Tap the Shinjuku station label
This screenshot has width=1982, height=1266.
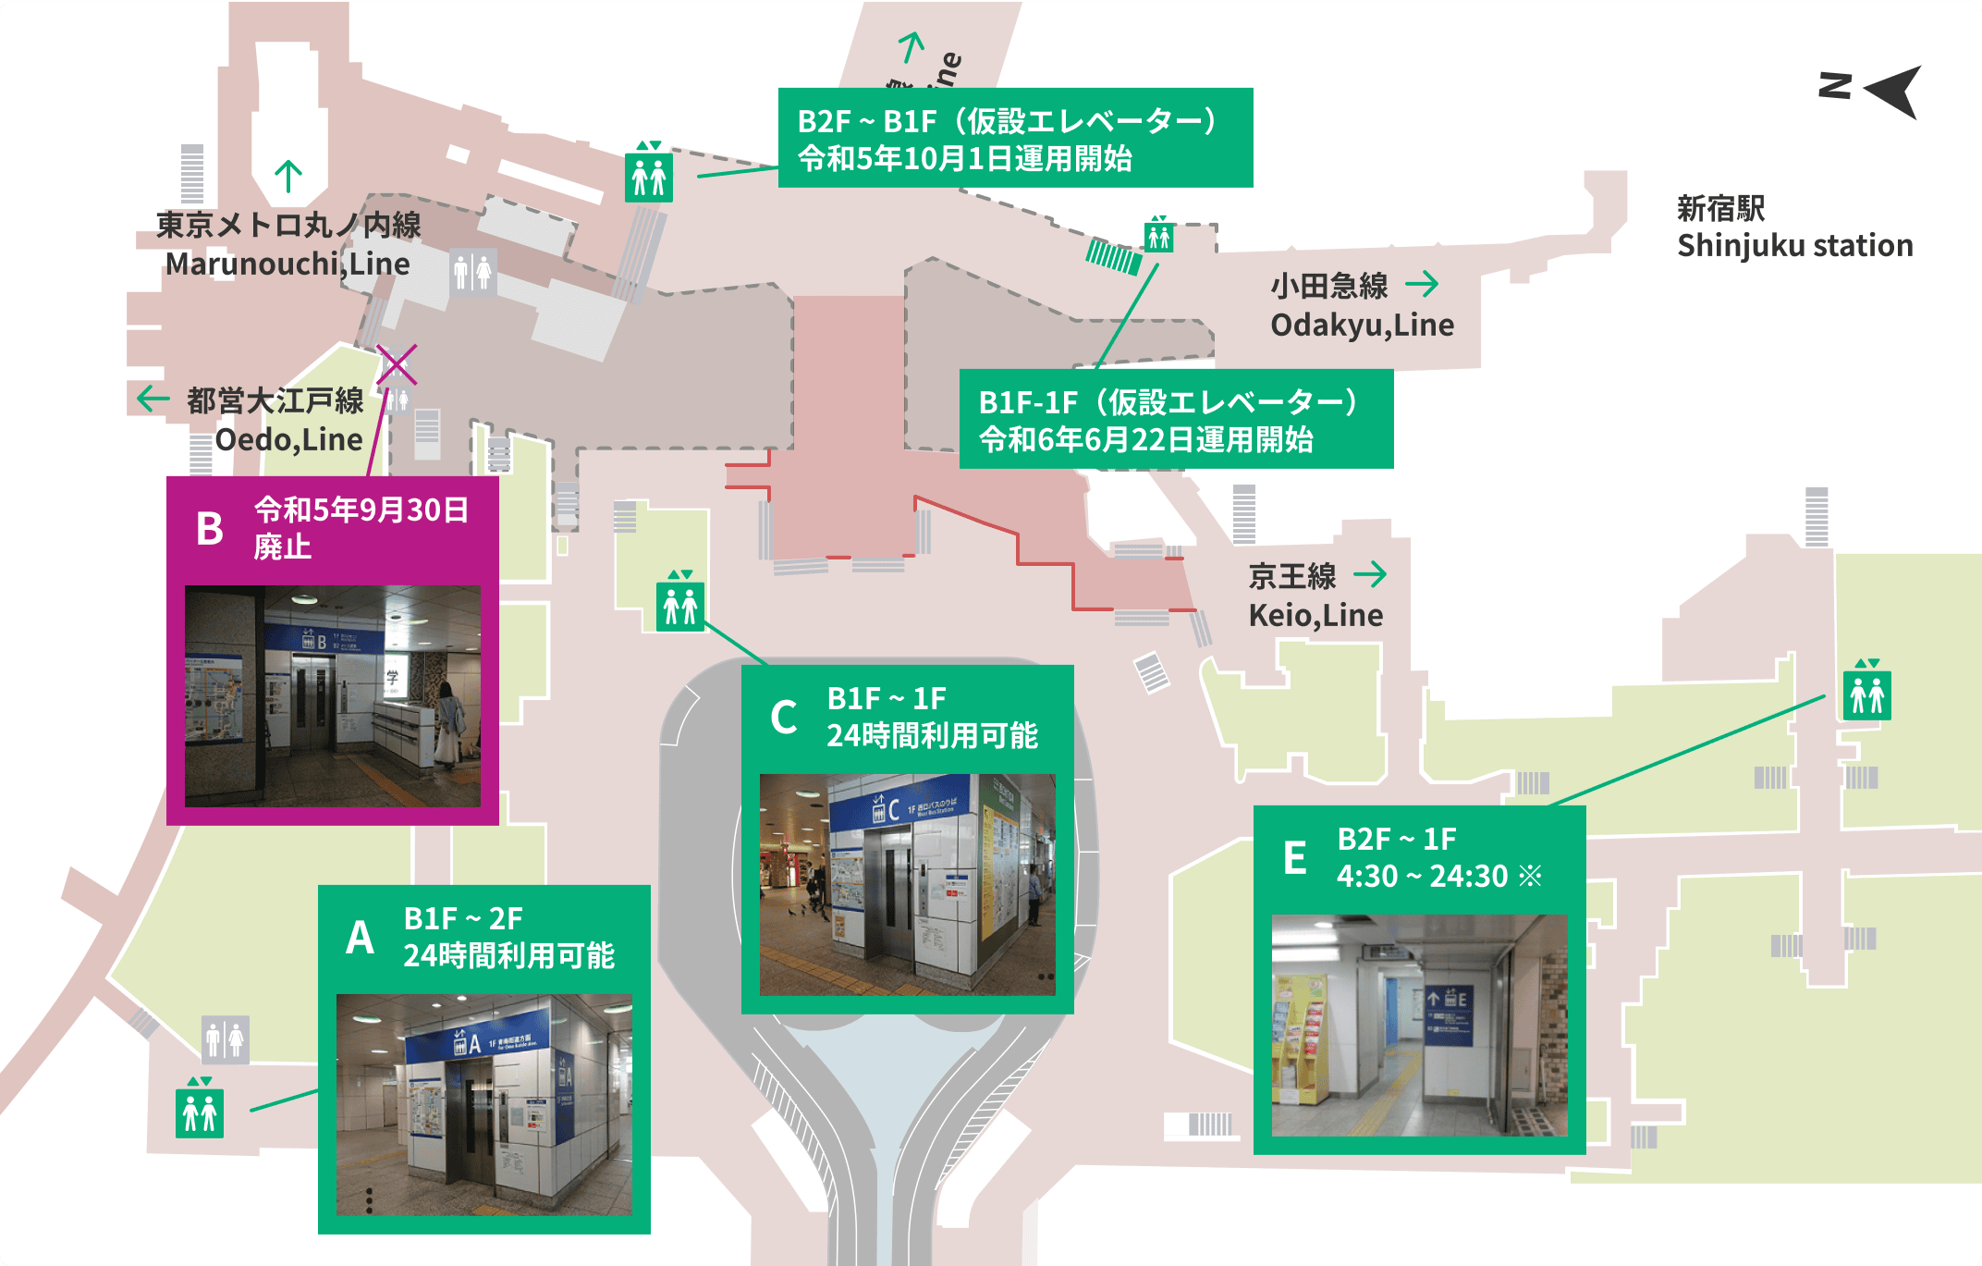pyautogui.click(x=1793, y=227)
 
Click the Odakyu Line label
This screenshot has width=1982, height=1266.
pyautogui.click(x=1361, y=306)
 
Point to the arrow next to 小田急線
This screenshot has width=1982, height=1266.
pyautogui.click(x=1422, y=284)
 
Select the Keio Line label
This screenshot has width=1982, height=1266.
pyautogui.click(x=1315, y=596)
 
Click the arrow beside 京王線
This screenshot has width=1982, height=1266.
pyautogui.click(x=1370, y=574)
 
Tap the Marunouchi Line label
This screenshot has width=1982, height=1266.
pyautogui.click(x=288, y=244)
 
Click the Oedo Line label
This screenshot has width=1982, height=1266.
pyautogui.click(x=275, y=420)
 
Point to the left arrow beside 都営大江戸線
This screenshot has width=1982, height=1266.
pyautogui.click(x=153, y=399)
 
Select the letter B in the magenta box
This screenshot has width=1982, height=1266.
pyautogui.click(x=210, y=529)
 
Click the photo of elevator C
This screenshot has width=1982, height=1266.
pyautogui.click(x=907, y=884)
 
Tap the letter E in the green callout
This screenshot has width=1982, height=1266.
pyautogui.click(x=1294, y=858)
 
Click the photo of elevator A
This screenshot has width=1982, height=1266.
pyautogui.click(x=483, y=1104)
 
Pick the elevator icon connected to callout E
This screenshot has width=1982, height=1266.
pyautogui.click(x=1866, y=693)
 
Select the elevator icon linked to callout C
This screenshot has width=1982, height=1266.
pyautogui.click(x=680, y=605)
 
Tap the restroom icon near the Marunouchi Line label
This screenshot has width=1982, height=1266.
pyautogui.click(x=472, y=273)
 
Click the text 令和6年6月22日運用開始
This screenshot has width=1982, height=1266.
pyautogui.click(x=1145, y=440)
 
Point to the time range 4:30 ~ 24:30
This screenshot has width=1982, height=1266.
pyautogui.click(x=1422, y=876)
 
